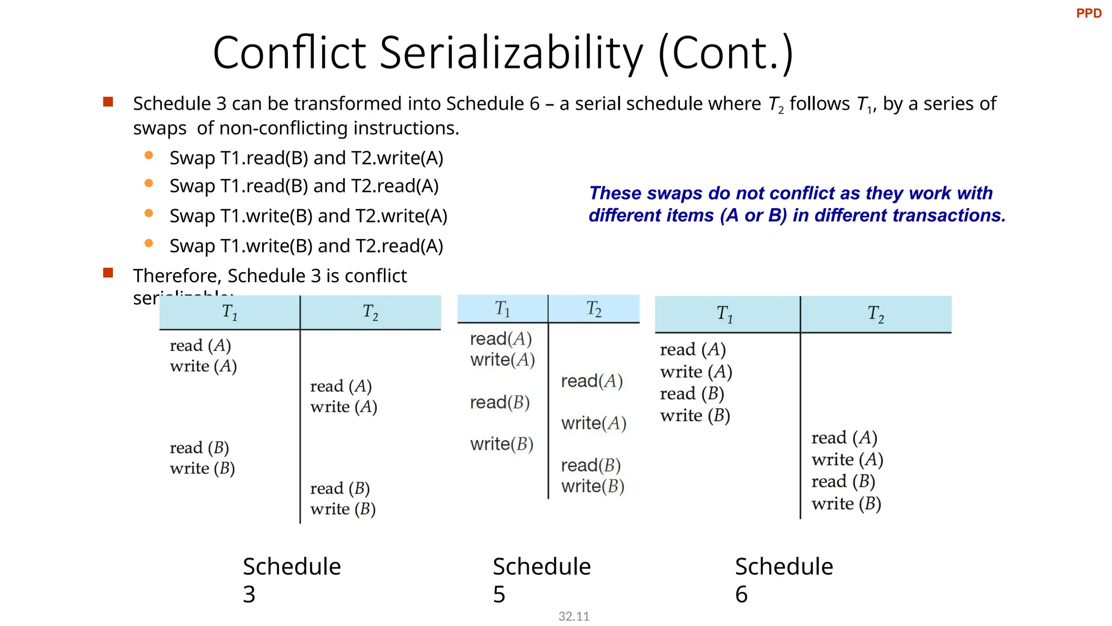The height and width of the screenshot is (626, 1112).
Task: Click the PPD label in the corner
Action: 1089,14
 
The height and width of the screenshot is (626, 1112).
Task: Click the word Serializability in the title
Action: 510,53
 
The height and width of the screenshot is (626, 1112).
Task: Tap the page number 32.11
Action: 573,616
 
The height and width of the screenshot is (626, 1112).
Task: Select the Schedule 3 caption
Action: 292,580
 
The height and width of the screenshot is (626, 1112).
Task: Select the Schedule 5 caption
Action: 541,580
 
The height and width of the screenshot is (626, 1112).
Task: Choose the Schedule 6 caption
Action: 784,580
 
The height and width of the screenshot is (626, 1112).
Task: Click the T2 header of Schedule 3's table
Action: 370,312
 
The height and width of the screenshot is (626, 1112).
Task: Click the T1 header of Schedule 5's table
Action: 502,309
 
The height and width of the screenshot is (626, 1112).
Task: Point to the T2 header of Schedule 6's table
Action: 875,314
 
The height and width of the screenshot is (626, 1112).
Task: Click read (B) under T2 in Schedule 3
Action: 340,489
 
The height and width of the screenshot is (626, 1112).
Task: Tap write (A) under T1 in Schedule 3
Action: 203,366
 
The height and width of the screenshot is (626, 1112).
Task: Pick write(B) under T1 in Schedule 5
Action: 502,445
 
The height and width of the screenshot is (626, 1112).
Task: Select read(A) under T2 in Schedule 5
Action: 591,381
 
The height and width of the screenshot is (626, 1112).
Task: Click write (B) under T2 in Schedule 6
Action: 846,504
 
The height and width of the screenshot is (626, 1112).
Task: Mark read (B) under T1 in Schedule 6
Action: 692,393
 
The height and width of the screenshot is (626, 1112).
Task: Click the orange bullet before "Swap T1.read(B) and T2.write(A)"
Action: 149,155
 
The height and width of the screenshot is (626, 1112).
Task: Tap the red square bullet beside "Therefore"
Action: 108,273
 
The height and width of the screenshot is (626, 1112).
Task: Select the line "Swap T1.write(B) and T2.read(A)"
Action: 306,246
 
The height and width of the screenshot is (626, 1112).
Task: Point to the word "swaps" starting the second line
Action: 160,129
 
